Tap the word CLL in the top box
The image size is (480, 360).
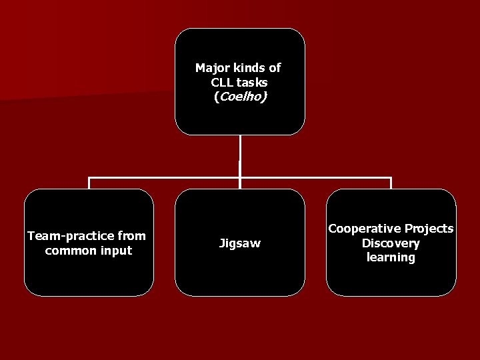tap(221, 82)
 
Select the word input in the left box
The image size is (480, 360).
tap(116, 251)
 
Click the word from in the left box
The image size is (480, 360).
tap(131, 236)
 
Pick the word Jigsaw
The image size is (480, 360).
tap(240, 244)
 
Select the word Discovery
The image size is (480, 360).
tap(391, 243)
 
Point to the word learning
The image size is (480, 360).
tap(391, 257)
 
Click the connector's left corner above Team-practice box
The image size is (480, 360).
tap(90, 179)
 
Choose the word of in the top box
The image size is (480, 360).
tap(275, 68)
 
